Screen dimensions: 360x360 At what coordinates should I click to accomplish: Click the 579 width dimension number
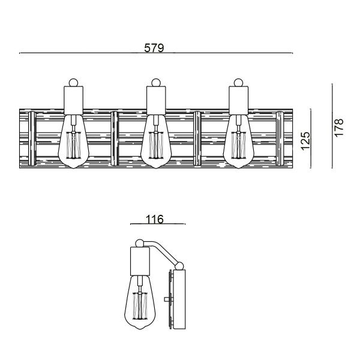point(155,47)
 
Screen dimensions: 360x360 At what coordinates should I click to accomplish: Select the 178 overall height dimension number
point(339,128)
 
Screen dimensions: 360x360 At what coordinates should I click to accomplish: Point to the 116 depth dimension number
point(154,219)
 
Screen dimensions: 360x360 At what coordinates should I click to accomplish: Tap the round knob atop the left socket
point(74,82)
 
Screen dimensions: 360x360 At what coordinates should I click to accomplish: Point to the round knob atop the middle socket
point(156,82)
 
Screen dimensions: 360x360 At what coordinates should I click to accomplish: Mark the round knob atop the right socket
point(239,82)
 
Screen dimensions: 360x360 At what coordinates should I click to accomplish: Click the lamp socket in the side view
point(142,262)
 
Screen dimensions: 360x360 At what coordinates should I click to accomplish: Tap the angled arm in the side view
point(162,252)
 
